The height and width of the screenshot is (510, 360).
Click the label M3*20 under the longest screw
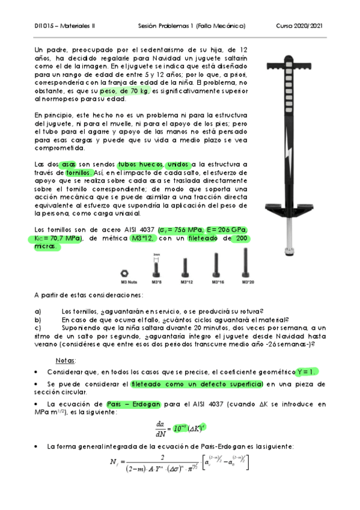coord(246,281)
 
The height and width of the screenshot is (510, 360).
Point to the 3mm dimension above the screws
coord(156,254)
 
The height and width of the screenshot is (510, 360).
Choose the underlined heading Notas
coord(65,360)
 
